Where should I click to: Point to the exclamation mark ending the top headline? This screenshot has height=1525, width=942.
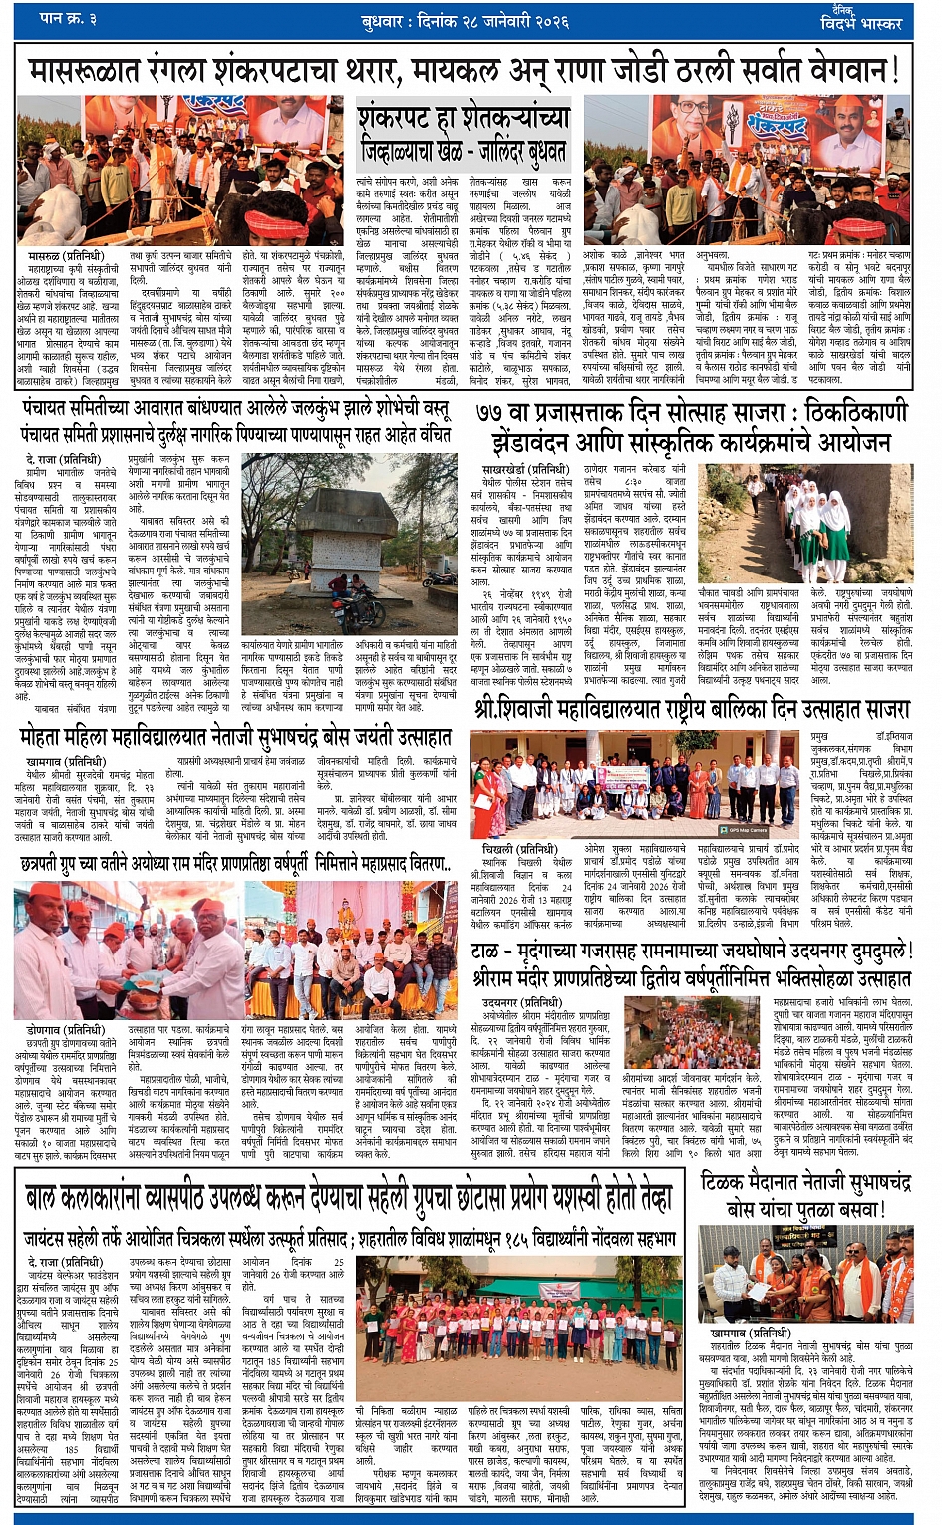point(894,70)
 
